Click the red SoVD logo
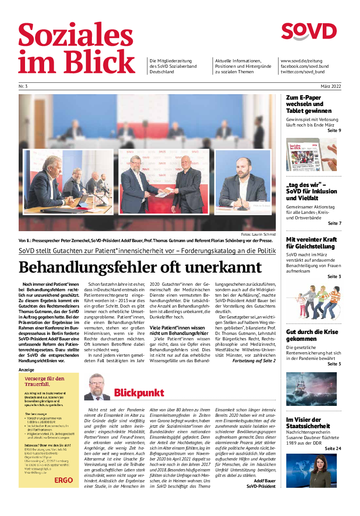click(309, 32)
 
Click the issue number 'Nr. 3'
click(23, 86)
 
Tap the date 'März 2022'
click(330, 86)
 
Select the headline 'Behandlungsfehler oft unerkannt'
click(140, 267)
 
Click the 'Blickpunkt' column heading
click(139, 393)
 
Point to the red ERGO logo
click(63, 480)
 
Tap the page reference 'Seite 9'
click(334, 131)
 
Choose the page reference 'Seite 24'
click(333, 448)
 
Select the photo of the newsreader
click(311, 470)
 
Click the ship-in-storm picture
click(311, 389)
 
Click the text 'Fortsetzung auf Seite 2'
click(254, 360)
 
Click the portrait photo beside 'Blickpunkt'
click(97, 387)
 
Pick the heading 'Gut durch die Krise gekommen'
click(312, 335)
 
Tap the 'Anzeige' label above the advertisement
click(26, 370)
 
